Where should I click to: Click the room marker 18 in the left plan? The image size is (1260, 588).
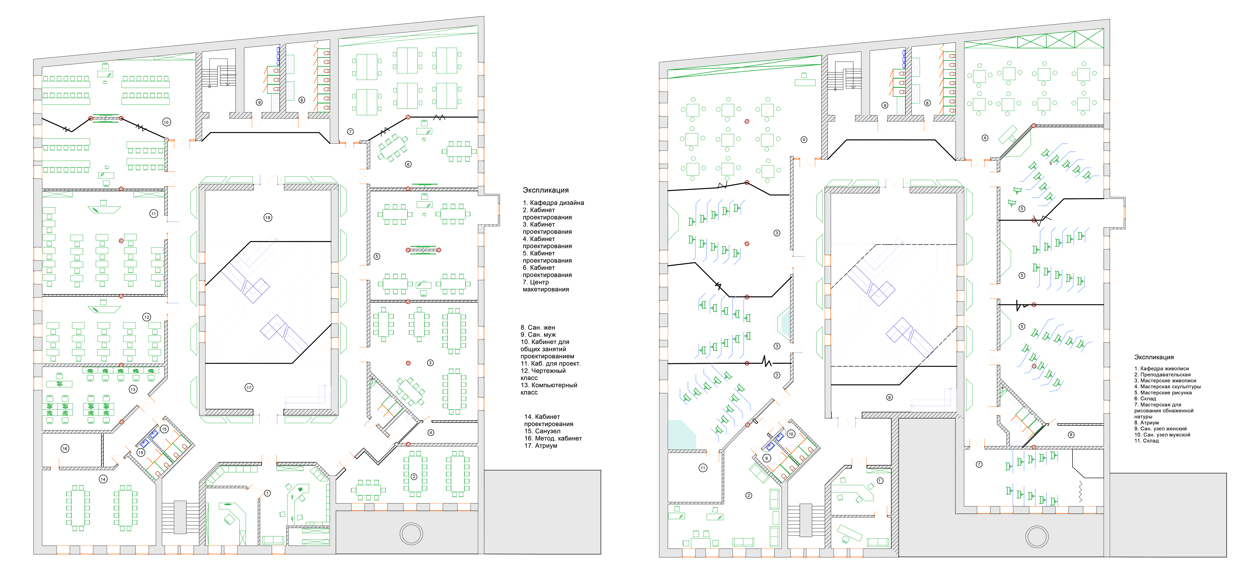click(268, 217)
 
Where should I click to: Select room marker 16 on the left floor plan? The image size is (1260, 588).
click(65, 448)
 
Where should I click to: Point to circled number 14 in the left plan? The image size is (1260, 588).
click(103, 479)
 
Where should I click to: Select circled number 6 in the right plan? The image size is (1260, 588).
click(1071, 435)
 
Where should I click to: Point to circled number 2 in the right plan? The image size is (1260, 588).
click(748, 495)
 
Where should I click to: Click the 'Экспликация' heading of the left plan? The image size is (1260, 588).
click(545, 190)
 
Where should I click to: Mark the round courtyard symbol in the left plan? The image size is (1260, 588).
click(411, 534)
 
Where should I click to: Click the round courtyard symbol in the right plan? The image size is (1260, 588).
click(1036, 537)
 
